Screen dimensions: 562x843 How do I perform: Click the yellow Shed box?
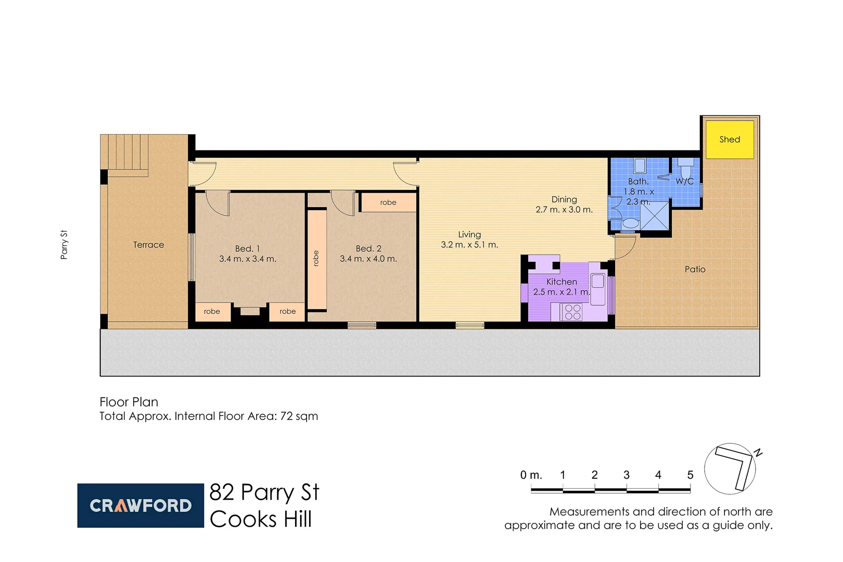pyautogui.click(x=729, y=139)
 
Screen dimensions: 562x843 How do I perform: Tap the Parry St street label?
pyautogui.click(x=64, y=245)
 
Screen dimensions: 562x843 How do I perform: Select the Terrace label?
pyautogui.click(x=148, y=245)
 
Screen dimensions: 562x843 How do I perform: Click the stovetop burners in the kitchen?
pyautogui.click(x=572, y=312)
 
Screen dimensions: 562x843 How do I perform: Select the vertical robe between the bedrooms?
pyautogui.click(x=316, y=259)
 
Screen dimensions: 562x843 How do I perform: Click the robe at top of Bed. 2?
pyautogui.click(x=388, y=202)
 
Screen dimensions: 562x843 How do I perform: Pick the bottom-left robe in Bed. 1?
pyautogui.click(x=212, y=312)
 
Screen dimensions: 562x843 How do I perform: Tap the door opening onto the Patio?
pyautogui.click(x=624, y=247)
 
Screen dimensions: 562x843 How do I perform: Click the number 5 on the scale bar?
pyautogui.click(x=690, y=475)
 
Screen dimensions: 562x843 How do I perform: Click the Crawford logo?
pyautogui.click(x=140, y=505)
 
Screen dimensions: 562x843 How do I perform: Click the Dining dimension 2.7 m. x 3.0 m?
pyautogui.click(x=564, y=210)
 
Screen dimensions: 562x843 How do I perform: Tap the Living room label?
pyautogui.click(x=469, y=235)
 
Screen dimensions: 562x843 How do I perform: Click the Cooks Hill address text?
pyautogui.click(x=261, y=519)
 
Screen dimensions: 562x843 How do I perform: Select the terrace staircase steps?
pyautogui.click(x=125, y=152)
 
